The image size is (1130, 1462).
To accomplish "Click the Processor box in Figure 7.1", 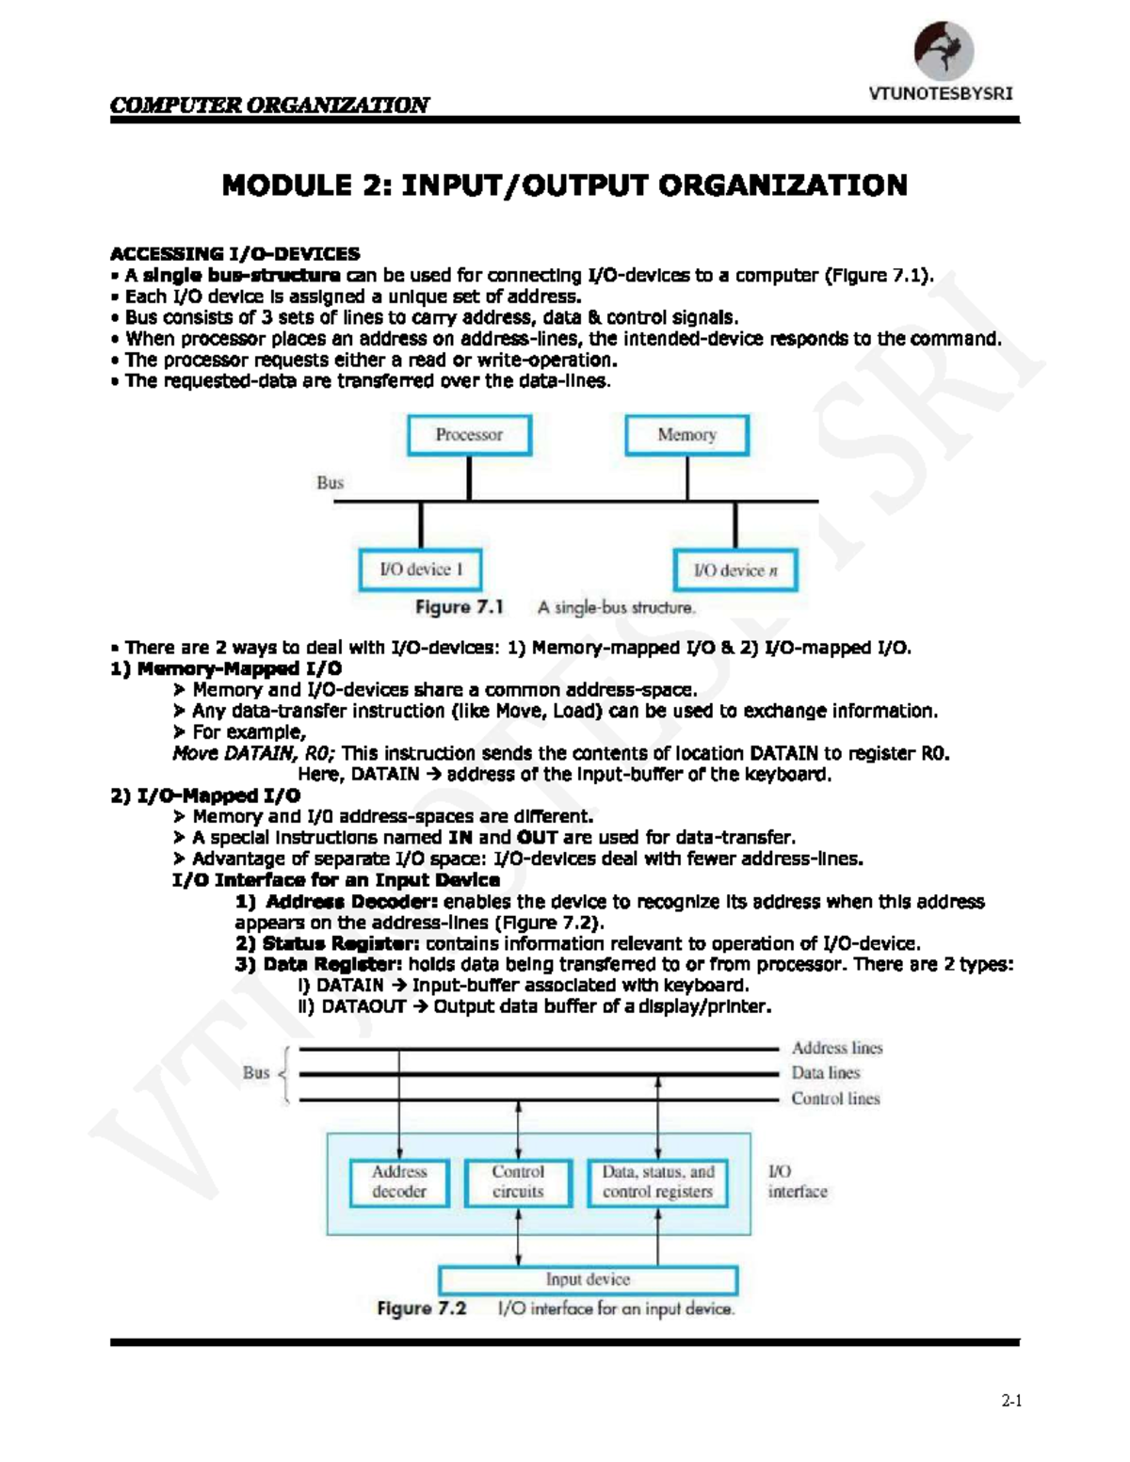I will [469, 435].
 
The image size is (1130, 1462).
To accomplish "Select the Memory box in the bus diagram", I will [686, 435].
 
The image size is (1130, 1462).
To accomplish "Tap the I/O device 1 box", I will [421, 570].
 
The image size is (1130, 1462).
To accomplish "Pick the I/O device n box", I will [735, 570].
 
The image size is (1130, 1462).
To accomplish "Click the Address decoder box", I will [399, 1181].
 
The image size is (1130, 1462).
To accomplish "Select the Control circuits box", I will [518, 1181].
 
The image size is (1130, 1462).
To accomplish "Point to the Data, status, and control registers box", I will [658, 1181].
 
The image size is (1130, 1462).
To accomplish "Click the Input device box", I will [588, 1279].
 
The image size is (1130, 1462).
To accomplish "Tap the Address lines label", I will [837, 1048].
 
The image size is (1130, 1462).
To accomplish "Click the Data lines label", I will [826, 1072].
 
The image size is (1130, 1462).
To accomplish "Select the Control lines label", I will [835, 1099].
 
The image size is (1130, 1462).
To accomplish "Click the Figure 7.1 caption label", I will [460, 607].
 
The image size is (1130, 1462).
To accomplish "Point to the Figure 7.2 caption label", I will [421, 1309].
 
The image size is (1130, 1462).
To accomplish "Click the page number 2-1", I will [1011, 1401].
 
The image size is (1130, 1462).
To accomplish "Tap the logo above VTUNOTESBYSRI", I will [944, 51].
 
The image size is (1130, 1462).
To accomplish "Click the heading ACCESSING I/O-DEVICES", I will [234, 253].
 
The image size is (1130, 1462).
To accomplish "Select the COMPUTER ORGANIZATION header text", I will [269, 104].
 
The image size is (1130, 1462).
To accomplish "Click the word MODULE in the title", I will [285, 185].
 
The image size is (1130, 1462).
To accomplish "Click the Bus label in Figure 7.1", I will [330, 483].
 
